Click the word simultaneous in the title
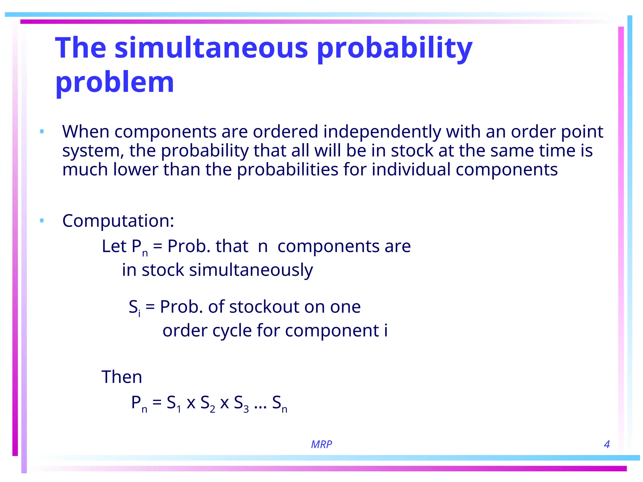211,48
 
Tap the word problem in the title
115,82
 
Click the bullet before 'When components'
42,131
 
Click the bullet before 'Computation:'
42,221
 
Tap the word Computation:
118,221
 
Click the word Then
122,377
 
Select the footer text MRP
321,444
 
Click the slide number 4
607,444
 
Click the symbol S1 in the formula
174,403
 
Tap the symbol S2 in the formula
208,403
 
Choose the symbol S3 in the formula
241,403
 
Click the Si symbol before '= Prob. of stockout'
134,307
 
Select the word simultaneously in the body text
251,270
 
